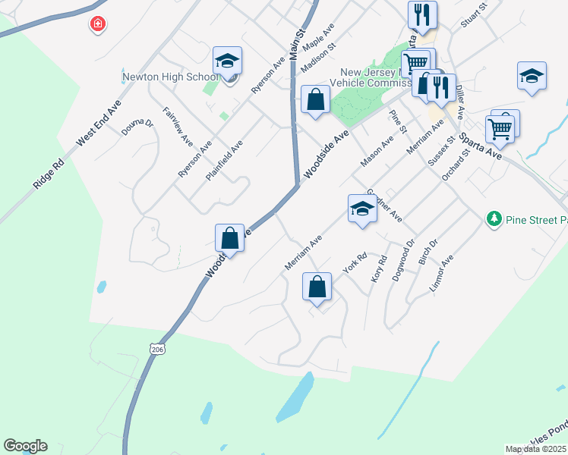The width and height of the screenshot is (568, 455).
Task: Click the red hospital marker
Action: pyautogui.click(x=97, y=25)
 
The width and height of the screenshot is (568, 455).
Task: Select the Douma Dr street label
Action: pyautogui.click(x=138, y=127)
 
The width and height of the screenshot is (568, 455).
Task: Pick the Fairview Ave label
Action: pyautogui.click(x=178, y=126)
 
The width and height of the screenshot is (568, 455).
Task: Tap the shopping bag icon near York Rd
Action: pyautogui.click(x=317, y=287)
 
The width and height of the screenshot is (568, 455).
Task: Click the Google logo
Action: pyautogui.click(x=25, y=446)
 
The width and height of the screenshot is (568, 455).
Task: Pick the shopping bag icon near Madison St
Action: pyautogui.click(x=315, y=100)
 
